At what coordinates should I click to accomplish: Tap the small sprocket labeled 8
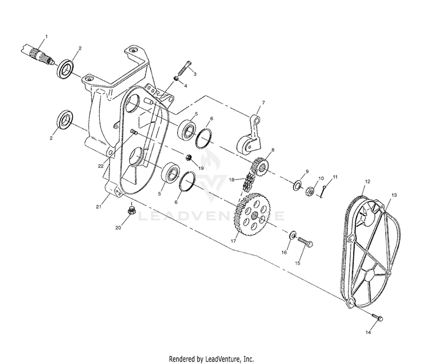(x=259, y=167)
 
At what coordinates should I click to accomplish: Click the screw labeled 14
(x=376, y=318)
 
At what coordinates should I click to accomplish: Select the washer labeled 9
(x=297, y=185)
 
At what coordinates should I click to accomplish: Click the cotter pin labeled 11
(x=323, y=192)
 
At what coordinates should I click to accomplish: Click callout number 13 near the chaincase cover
(x=393, y=195)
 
